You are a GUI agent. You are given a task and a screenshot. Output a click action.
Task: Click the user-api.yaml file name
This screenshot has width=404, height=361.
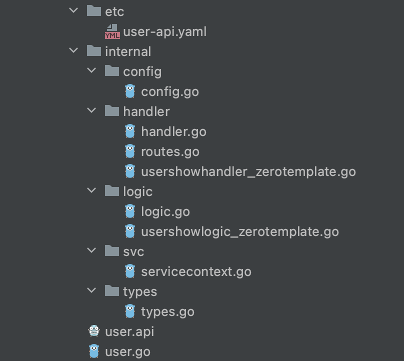[x=164, y=32]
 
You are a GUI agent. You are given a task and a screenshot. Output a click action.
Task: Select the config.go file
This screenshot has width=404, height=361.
[x=169, y=92]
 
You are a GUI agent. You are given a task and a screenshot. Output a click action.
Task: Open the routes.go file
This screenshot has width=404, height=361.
[x=170, y=152]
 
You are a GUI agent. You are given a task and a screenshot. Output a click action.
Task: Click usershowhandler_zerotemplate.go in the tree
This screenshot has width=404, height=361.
[x=248, y=172]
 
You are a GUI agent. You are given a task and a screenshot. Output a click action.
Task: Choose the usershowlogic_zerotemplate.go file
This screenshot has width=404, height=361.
[x=240, y=232]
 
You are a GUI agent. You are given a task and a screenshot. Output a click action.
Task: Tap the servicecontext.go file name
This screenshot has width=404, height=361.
[x=196, y=272]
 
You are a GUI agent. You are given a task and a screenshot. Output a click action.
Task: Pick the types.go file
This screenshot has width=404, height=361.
[x=167, y=312]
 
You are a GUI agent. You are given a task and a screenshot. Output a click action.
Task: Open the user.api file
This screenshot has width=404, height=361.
[x=129, y=331]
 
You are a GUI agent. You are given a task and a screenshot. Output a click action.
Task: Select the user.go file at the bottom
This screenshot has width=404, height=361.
[x=127, y=351]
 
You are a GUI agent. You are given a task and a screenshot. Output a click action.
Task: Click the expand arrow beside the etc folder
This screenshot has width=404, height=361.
[x=73, y=10]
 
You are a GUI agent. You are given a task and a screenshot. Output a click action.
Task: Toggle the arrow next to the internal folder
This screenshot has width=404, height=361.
[x=73, y=51]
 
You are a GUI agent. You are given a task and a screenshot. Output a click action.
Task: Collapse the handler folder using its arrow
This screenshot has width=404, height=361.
[x=91, y=111]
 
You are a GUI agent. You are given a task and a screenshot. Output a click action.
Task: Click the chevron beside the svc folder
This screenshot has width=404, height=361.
[x=91, y=251]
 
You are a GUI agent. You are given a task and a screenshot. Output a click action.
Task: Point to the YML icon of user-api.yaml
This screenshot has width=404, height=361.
[x=112, y=32]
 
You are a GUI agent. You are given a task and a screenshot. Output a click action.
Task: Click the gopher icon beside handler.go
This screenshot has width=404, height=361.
[x=130, y=131]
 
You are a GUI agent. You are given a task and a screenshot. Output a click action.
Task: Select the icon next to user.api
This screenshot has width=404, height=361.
[x=93, y=331]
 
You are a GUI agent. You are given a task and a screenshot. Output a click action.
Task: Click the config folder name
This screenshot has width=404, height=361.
[x=142, y=71]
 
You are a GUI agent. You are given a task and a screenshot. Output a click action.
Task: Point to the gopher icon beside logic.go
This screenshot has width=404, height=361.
[x=130, y=211]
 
